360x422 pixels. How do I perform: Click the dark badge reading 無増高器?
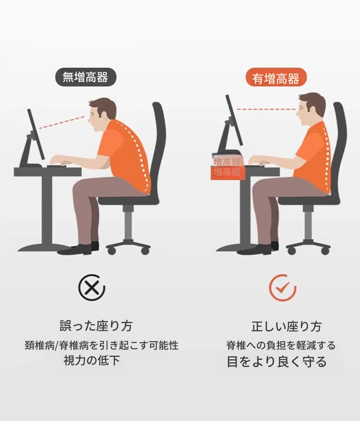86,77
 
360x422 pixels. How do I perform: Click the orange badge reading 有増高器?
276,78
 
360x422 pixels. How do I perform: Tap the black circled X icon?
92,288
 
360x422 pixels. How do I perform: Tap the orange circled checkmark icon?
283,288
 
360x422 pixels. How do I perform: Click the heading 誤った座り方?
96,326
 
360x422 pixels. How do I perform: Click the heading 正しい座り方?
286,326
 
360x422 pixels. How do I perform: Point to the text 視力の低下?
92,360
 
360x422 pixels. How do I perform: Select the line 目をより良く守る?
277,361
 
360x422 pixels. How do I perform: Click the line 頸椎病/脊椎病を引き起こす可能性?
101,345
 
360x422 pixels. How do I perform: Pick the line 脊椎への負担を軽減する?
281,345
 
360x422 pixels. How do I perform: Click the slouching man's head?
102,114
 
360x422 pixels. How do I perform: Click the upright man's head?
311,109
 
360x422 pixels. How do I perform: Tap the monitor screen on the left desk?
36,134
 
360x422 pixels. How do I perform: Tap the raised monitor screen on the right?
234,120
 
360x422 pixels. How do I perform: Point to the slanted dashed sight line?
62,122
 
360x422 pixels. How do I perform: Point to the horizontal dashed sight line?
266,109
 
